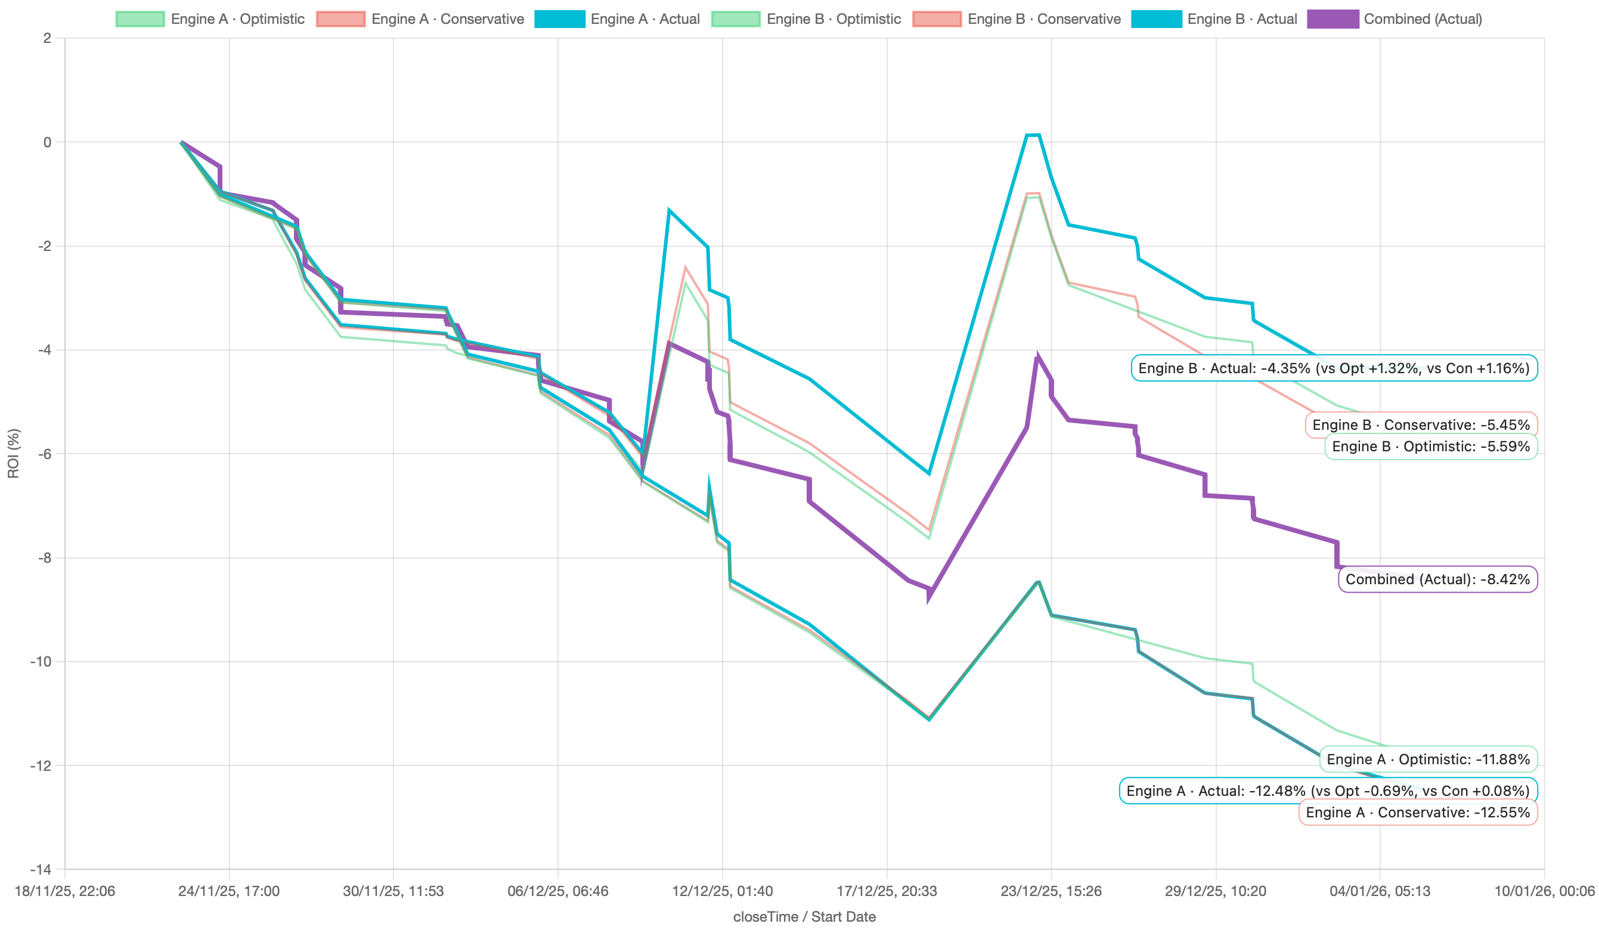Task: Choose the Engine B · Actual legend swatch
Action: click(x=1156, y=19)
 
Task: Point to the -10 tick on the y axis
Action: click(x=41, y=662)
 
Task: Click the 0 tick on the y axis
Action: click(x=47, y=142)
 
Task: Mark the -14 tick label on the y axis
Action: click(x=41, y=869)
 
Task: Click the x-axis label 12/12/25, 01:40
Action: click(x=722, y=891)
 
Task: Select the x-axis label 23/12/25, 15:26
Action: click(x=1050, y=891)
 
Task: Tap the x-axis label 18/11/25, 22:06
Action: click(x=65, y=891)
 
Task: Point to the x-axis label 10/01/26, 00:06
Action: click(x=1544, y=891)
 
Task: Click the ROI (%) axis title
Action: click(x=13, y=453)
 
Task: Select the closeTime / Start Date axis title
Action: click(x=804, y=917)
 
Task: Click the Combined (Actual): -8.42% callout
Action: click(x=1437, y=579)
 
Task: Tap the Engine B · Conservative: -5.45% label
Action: click(x=1421, y=424)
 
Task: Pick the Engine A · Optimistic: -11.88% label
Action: click(x=1428, y=759)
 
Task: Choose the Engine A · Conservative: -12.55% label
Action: click(x=1418, y=813)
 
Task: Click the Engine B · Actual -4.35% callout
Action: click(x=1334, y=368)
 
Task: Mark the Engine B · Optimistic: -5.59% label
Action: click(x=1431, y=447)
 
